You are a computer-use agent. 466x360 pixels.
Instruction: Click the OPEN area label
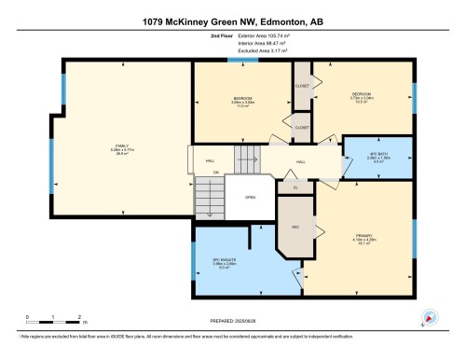(250, 198)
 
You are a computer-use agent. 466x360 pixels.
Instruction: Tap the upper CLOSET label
(302, 86)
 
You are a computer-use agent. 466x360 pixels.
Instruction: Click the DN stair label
(215, 172)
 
